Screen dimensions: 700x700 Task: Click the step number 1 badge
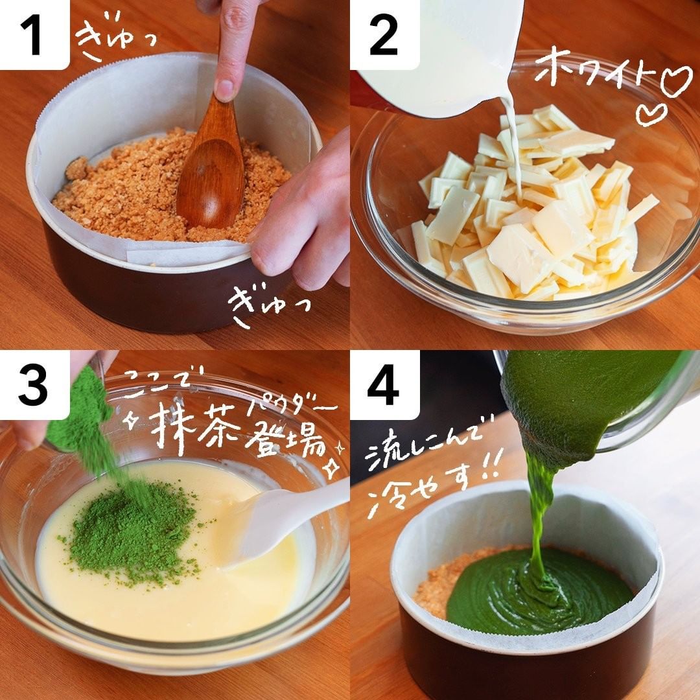pyautogui.click(x=34, y=35)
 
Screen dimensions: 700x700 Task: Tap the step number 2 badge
pyautogui.click(x=384, y=35)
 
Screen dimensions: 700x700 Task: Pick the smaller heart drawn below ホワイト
pyautogui.click(x=651, y=114)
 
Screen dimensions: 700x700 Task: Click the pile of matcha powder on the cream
pyautogui.click(x=134, y=531)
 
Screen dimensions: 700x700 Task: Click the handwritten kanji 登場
pyautogui.click(x=288, y=439)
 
